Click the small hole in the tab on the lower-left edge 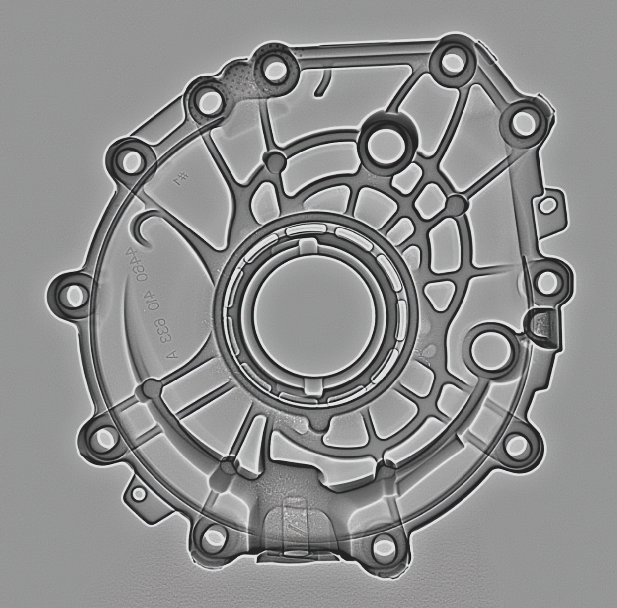[x=140, y=493]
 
